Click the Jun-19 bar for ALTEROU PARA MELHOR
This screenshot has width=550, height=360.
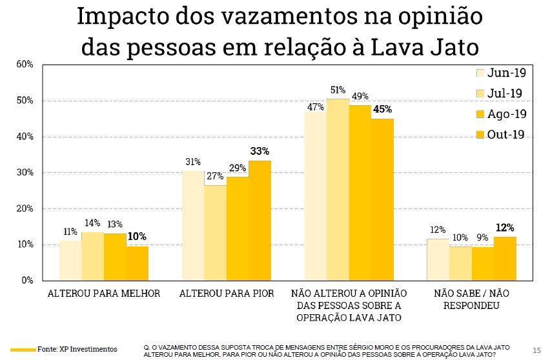[70, 261]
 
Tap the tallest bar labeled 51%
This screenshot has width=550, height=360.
[338, 190]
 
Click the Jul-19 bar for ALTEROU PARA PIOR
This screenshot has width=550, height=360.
[215, 233]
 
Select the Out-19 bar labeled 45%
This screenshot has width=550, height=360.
[382, 199]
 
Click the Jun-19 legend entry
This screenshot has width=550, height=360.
[500, 73]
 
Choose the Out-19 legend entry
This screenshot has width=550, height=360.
[500, 134]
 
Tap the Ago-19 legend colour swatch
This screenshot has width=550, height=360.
[480, 114]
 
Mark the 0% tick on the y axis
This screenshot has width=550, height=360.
[27, 281]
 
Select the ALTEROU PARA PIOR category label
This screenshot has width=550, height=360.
[227, 294]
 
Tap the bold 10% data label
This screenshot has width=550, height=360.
[137, 236]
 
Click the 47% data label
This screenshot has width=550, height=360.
[315, 107]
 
